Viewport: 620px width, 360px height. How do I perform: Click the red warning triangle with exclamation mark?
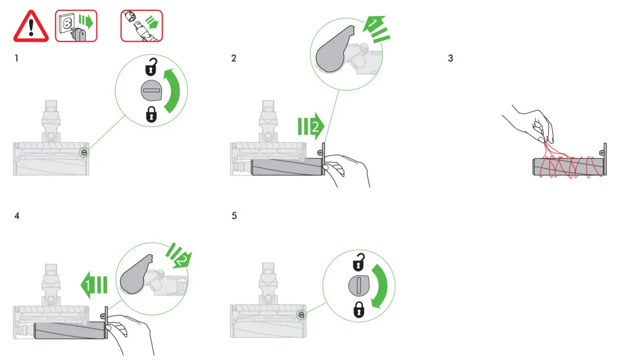[x=31, y=27]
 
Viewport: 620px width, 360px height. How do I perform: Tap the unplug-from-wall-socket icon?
[x=76, y=26]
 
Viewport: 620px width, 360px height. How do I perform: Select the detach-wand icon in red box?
[x=142, y=26]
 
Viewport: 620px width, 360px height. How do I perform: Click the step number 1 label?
[x=17, y=59]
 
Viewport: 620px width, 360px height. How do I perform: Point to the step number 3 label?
[x=451, y=59]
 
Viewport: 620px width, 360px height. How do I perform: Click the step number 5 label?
[x=234, y=216]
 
